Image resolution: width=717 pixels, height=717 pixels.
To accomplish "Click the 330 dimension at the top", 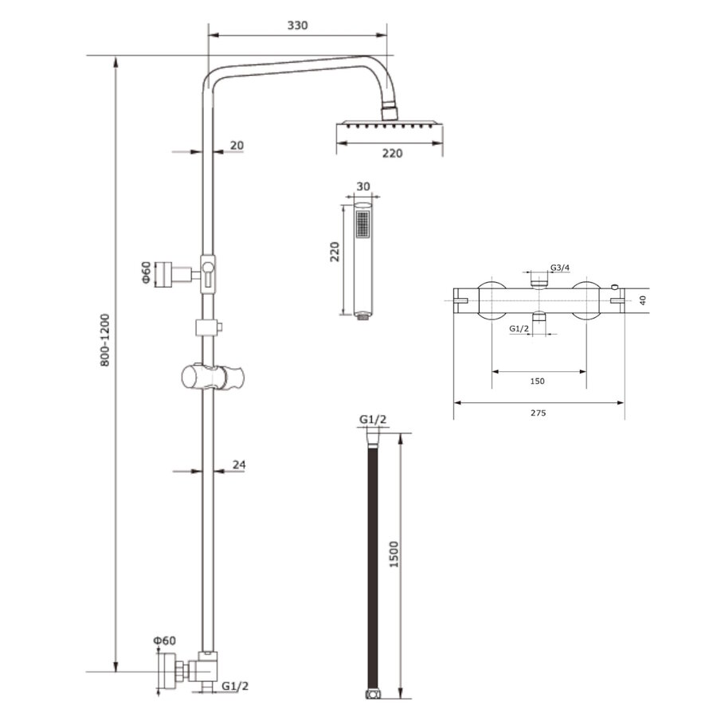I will [x=296, y=25].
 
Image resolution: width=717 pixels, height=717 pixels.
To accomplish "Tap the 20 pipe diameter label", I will [x=237, y=145].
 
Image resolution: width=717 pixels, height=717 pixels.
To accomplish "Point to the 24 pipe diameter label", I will [x=238, y=464].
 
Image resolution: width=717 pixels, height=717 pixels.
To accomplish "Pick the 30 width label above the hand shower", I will [x=363, y=186].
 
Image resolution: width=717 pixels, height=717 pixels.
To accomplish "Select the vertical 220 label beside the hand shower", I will [x=335, y=252].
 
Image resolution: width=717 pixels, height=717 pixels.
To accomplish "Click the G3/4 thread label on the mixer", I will [x=560, y=268].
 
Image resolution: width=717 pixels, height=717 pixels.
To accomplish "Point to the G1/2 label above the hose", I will [x=373, y=420].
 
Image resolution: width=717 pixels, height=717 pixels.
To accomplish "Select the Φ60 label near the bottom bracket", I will [x=165, y=641].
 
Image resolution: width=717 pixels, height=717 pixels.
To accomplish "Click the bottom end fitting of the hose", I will [x=372, y=695].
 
